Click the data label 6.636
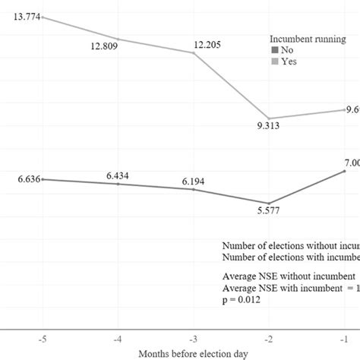coord(22,179)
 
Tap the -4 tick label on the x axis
coord(118,337)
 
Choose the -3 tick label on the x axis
coord(193,337)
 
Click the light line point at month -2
coord(268,115)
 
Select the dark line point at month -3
coord(193,190)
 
